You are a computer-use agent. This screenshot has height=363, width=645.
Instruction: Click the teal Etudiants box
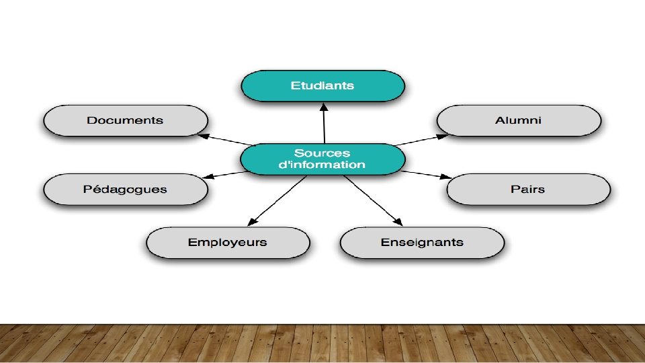(x=323, y=86)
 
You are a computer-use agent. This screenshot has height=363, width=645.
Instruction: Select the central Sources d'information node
(x=322, y=159)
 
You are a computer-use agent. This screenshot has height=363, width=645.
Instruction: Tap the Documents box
(x=125, y=121)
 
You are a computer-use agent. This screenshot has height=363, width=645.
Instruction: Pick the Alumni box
(x=518, y=121)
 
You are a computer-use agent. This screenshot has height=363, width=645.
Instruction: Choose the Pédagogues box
(x=125, y=189)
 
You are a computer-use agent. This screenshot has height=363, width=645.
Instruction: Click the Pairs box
(x=528, y=189)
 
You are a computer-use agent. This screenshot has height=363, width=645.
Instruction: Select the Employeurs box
(x=228, y=243)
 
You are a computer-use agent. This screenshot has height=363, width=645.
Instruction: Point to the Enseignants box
(x=422, y=243)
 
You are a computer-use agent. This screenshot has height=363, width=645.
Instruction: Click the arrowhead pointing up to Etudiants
(x=323, y=107)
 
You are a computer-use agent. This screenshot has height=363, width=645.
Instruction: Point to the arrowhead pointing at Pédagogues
(x=208, y=177)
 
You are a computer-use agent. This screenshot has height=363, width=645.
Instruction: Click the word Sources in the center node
(x=322, y=153)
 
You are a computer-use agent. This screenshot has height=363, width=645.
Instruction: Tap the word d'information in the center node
(x=322, y=165)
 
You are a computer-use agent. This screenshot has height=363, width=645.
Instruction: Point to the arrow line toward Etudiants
(x=324, y=126)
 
